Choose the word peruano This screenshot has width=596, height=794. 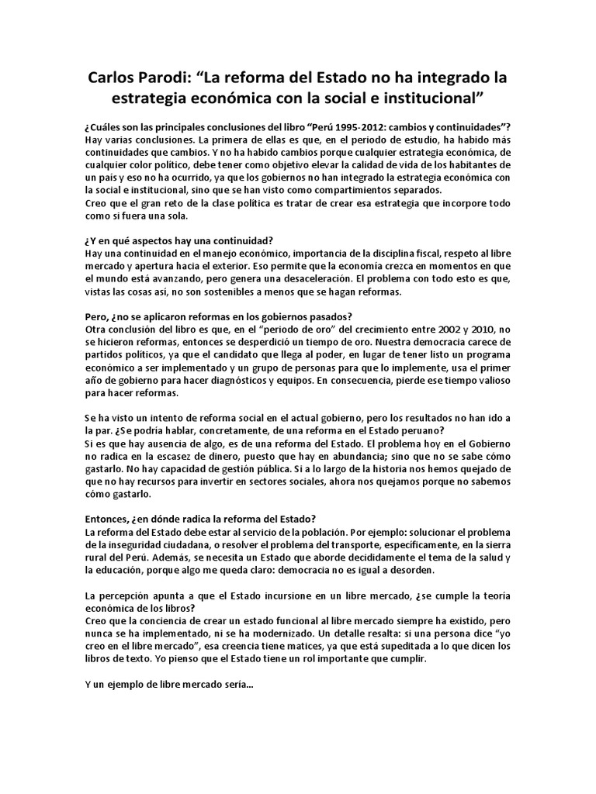click(x=440, y=430)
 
